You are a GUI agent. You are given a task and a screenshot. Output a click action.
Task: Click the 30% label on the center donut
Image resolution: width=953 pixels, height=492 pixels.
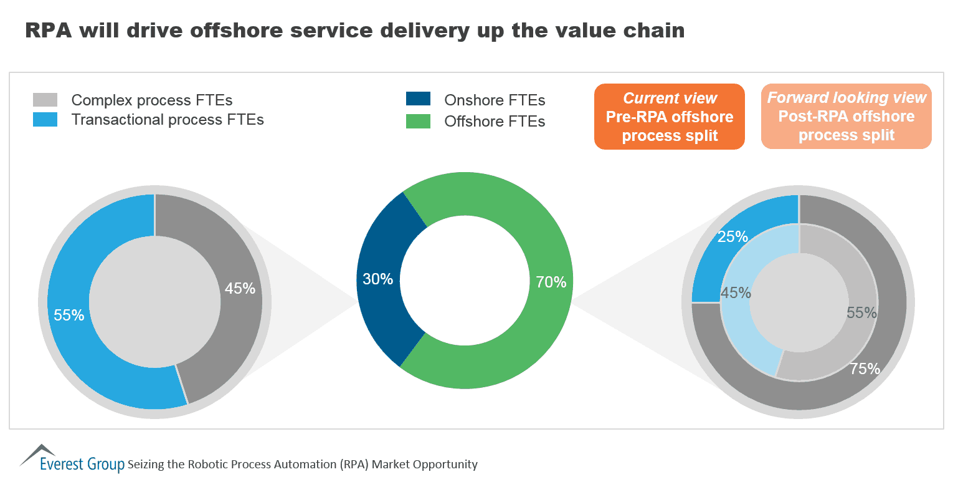click(377, 279)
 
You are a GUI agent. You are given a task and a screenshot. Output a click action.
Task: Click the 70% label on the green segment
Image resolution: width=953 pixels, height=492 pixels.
click(551, 282)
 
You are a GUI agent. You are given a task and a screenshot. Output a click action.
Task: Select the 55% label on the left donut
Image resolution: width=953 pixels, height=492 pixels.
click(69, 316)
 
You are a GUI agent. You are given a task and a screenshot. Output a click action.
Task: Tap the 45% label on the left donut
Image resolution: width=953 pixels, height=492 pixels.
click(240, 289)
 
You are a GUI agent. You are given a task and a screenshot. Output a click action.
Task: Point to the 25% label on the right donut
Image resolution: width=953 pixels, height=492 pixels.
click(733, 237)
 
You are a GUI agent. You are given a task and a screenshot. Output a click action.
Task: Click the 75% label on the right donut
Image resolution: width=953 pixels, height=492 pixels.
click(865, 369)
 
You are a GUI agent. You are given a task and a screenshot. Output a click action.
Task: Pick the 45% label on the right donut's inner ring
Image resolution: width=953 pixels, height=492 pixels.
click(736, 293)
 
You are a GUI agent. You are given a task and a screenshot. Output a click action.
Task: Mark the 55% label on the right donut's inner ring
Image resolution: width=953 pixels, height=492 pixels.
click(861, 313)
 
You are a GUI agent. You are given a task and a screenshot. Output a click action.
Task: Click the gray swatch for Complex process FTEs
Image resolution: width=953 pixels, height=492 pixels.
click(45, 100)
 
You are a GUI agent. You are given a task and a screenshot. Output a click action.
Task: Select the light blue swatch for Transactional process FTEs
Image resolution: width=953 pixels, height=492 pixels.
click(45, 120)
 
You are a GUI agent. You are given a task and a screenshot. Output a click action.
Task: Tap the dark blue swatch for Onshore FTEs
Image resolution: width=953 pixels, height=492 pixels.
click(418, 99)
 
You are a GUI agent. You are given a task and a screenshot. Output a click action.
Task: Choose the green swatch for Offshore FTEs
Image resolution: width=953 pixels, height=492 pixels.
click(418, 121)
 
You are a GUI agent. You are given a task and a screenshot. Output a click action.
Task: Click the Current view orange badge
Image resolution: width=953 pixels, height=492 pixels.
click(670, 117)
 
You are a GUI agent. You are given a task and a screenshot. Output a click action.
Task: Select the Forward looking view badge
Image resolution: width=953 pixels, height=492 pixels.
click(846, 117)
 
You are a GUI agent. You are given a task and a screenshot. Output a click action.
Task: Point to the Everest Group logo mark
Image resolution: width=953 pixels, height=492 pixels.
click(39, 455)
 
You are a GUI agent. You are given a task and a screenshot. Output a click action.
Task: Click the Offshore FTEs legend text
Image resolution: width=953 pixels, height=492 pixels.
click(495, 122)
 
